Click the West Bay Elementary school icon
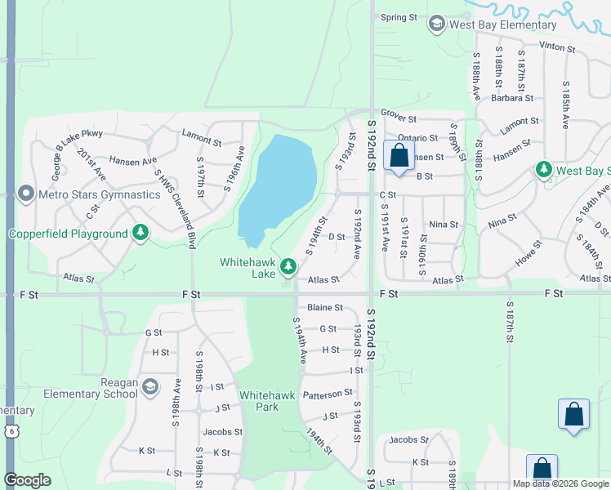click(436, 24)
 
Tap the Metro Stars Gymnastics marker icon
click(25, 194)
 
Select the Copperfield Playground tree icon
click(141, 234)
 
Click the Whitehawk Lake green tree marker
click(288, 266)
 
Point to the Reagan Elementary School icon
click(149, 385)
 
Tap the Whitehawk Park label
click(260, 400)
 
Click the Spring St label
click(399, 17)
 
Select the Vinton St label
click(558, 47)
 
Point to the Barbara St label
click(512, 98)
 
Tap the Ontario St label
click(417, 138)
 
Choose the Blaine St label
click(325, 308)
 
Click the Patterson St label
click(328, 394)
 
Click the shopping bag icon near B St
click(399, 156)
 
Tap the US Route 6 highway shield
click(10, 430)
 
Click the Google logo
click(27, 480)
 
